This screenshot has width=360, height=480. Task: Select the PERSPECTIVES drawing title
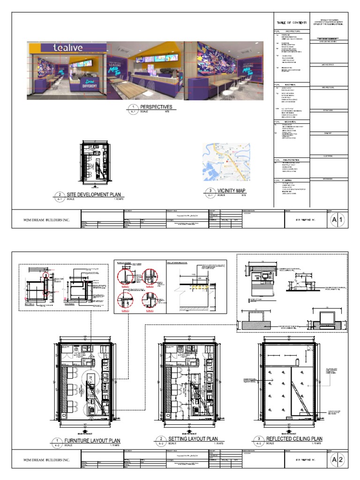(156, 107)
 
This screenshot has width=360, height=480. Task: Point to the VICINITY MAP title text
(232, 191)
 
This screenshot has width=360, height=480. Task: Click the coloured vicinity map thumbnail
(226, 162)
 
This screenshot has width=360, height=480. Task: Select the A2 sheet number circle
(338, 460)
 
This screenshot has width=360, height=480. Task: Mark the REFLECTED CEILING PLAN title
(294, 439)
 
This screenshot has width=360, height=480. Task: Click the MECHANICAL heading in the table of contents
(292, 121)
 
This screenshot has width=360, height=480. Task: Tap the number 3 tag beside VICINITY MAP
(209, 191)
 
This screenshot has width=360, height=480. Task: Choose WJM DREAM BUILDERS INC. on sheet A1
(46, 220)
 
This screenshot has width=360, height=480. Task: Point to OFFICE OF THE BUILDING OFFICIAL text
(329, 24)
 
